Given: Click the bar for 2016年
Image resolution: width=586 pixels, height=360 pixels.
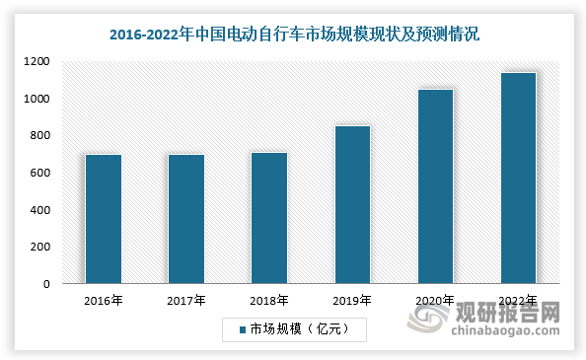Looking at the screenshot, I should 103,219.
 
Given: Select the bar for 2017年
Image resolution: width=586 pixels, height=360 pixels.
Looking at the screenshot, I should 185,219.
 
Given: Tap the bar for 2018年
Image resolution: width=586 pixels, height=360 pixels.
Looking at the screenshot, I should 269,218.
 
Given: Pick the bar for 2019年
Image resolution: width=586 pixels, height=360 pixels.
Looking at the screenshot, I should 352,204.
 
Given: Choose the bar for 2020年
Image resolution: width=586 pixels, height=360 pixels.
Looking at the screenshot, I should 435,186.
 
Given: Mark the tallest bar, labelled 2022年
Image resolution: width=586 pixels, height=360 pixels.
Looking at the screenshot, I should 518,178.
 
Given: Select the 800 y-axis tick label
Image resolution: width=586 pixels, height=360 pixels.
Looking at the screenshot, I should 41,135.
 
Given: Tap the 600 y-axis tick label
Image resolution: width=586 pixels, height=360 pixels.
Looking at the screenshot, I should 41,173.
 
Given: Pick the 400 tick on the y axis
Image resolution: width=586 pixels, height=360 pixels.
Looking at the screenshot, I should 41,209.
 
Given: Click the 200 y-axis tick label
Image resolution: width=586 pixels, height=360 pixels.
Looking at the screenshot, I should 41,247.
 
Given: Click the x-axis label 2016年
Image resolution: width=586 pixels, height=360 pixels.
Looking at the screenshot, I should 103,301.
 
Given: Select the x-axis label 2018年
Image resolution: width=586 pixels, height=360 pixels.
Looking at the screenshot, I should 269,301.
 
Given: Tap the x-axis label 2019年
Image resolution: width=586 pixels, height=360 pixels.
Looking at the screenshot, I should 352,301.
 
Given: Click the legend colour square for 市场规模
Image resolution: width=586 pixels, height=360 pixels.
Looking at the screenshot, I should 240,326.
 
